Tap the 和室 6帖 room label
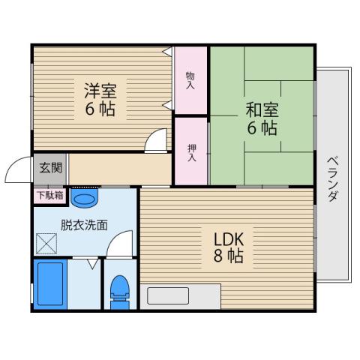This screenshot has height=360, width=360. coord(261,117)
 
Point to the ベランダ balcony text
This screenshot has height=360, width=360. coord(332,180)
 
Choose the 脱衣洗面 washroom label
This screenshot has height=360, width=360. coord(84,223)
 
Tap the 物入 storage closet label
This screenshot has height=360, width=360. coord(190,79)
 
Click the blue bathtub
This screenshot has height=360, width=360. coord(51,284)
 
